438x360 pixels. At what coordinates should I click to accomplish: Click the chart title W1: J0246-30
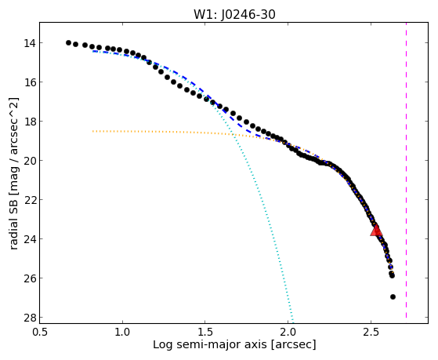coord(234,14)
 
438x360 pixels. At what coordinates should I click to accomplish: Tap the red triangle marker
coord(376,231)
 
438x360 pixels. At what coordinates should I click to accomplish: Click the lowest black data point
coord(393,296)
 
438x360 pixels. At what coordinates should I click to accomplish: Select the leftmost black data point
coord(68,43)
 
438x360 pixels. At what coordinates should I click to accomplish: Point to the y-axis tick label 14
coord(29,43)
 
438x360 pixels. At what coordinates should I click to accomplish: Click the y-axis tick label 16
coord(29,82)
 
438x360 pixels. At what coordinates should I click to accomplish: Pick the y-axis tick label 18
coord(29,122)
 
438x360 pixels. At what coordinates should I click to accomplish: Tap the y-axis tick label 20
coord(29,161)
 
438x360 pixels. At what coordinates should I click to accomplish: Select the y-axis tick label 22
coord(29,200)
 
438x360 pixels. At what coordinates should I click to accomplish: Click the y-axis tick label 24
coord(29,239)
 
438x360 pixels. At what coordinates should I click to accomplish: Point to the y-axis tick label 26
coord(29,278)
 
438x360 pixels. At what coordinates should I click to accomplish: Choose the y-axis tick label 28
coord(29,318)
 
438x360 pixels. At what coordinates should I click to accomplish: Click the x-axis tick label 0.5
coord(40,332)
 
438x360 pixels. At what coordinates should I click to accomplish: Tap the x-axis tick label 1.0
coord(122,332)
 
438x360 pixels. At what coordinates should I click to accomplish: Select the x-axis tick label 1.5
coord(205,332)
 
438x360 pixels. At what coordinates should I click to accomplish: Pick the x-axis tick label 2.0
coord(288,332)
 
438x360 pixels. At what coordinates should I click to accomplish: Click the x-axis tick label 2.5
coord(371,332)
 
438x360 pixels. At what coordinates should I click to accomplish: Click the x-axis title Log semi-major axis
coord(210,345)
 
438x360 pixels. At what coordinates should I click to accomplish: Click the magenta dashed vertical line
coord(406,170)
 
